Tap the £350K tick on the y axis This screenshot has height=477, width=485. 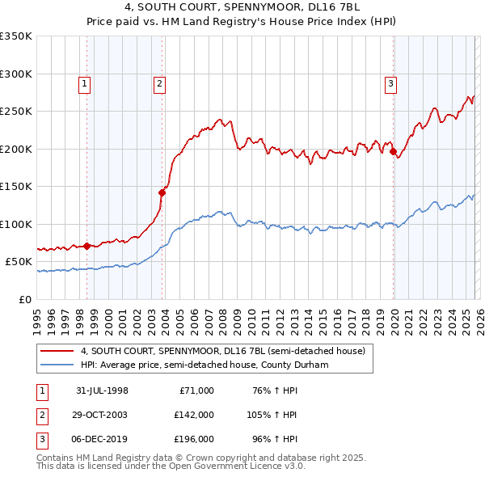[16, 36]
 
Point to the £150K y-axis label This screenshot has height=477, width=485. [16, 187]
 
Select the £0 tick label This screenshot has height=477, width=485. [25, 299]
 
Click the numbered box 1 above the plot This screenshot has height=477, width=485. [85, 82]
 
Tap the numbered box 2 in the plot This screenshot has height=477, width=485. [160, 82]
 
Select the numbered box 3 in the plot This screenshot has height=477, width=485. [390, 82]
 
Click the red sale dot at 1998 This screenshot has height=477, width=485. [87, 246]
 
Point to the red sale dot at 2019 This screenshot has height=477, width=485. [393, 151]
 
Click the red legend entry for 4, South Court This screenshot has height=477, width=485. [223, 351]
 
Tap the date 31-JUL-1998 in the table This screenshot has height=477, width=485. [102, 390]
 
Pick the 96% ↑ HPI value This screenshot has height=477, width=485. [274, 439]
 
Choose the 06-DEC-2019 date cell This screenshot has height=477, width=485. [102, 439]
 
